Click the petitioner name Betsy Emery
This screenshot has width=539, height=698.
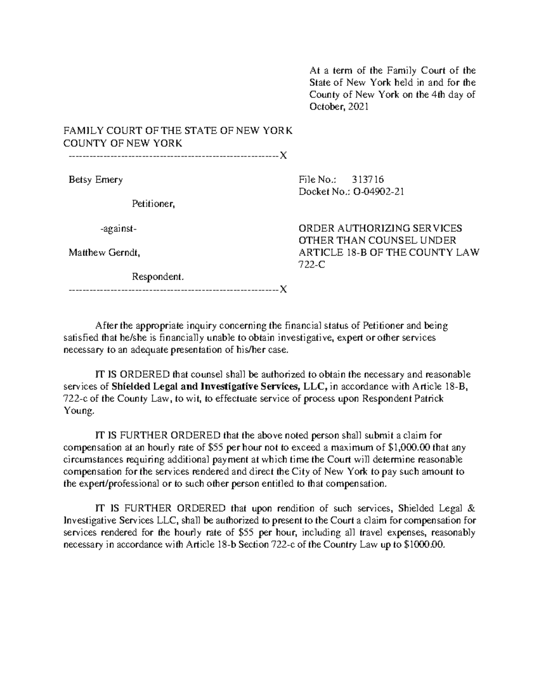pos(95,180)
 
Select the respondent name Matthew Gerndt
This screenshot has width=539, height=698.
pos(104,253)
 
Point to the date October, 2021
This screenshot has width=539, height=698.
pos(339,107)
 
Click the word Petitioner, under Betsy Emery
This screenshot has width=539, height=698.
pos(153,205)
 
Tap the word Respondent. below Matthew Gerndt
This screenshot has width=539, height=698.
pos(158,277)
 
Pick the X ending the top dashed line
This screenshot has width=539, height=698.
pos(283,156)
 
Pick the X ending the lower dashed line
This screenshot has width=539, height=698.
pos(283,289)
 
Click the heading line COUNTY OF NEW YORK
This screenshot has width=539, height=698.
pos(123,143)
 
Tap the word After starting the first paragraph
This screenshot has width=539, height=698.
pos(106,326)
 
